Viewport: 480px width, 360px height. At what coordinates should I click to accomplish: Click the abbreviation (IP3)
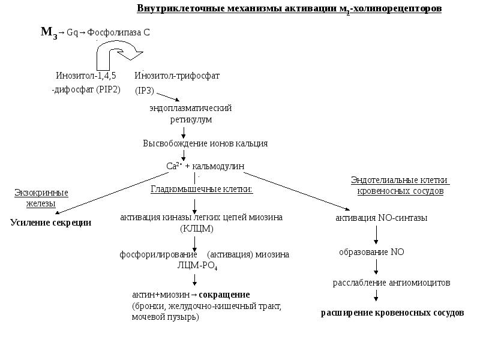pos(145,91)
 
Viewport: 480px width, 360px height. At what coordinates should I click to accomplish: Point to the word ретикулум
pos(190,119)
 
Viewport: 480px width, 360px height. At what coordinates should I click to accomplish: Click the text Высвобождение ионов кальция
pos(205,143)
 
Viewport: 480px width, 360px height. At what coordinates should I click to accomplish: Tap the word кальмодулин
pos(219,166)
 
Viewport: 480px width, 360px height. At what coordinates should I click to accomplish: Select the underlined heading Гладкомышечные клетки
pos(201,190)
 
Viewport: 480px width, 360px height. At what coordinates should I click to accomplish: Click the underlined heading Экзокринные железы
pos(41,198)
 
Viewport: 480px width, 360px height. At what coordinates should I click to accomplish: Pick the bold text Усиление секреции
pos(50,223)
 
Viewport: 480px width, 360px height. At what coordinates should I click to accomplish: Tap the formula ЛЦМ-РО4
pos(197,265)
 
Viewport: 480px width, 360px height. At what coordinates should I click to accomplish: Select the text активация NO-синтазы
pos(381,218)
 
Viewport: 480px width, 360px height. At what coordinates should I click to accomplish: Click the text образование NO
pos(371,252)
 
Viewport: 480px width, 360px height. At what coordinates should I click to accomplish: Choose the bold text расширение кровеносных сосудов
pos(392,313)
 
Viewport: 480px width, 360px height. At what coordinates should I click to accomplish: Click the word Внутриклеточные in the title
pos(173,9)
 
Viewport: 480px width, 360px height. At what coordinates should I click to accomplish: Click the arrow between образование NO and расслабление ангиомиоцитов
pos(376,267)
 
